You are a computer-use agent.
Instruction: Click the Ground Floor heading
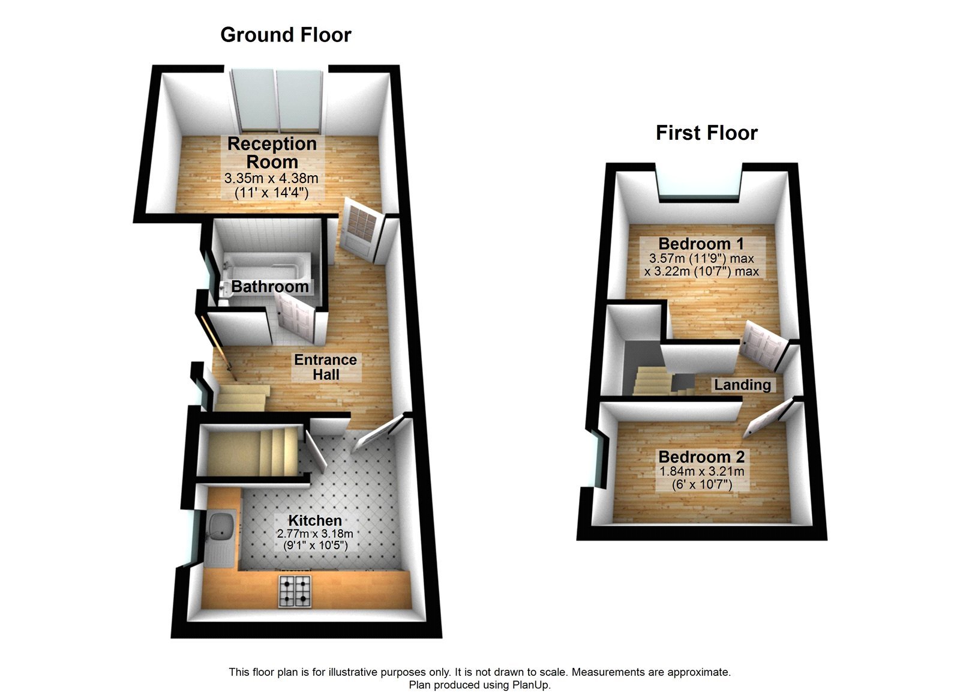click(x=286, y=35)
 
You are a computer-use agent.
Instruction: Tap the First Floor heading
click(x=706, y=133)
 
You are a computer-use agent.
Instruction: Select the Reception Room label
click(x=272, y=152)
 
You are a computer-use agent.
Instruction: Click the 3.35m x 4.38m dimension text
click(x=271, y=178)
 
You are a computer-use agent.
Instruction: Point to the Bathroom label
click(x=269, y=287)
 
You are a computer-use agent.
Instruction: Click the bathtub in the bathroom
click(x=267, y=265)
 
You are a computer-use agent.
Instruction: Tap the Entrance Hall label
click(x=325, y=367)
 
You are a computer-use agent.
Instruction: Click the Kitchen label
click(x=315, y=520)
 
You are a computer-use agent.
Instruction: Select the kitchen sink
click(x=220, y=528)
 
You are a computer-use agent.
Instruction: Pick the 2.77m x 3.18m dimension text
click(x=315, y=534)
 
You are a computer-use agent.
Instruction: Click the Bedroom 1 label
click(x=701, y=244)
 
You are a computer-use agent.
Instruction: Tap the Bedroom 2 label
click(x=701, y=457)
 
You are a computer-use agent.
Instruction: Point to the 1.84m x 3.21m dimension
click(x=701, y=472)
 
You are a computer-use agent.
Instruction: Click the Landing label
click(x=742, y=385)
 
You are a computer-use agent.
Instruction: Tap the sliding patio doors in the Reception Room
click(x=278, y=101)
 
